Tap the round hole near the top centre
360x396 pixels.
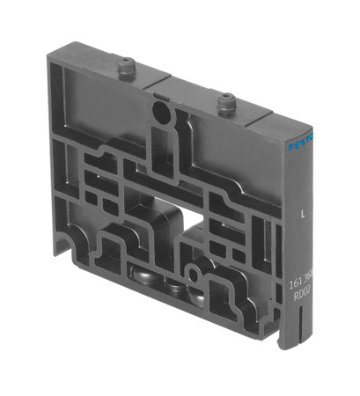(x=160, y=112)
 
